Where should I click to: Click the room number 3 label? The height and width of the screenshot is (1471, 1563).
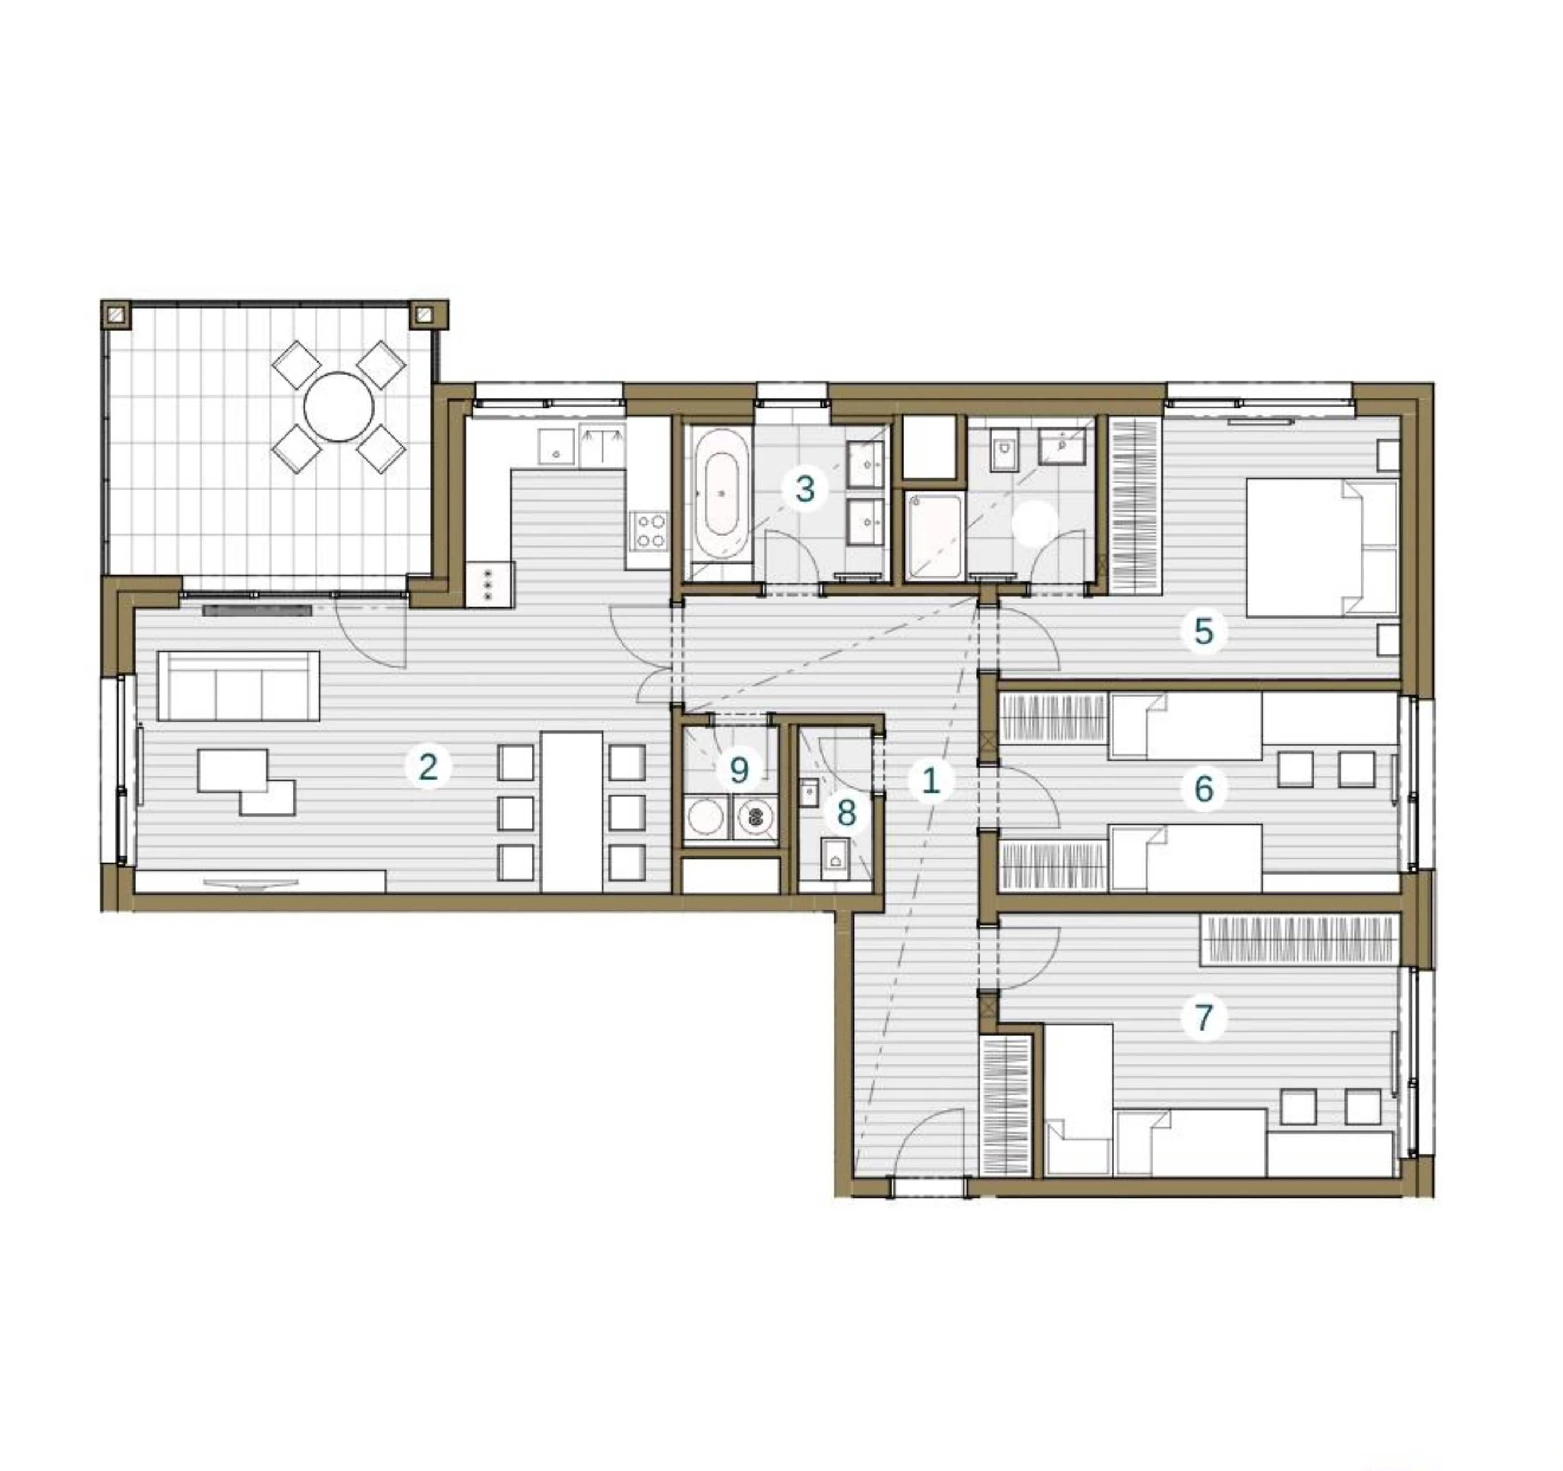pos(804,489)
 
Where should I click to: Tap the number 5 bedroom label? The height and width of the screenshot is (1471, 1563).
pos(1204,631)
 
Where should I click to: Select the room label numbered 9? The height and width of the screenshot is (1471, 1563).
pos(739,770)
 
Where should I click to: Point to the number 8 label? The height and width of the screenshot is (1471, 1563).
pos(846,813)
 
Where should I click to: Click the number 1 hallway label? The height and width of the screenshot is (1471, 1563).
pos(931,781)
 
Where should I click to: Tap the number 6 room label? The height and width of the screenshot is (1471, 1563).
pos(1204,789)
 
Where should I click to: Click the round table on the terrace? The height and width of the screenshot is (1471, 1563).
pos(339,407)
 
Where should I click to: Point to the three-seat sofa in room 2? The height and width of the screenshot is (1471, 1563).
pos(239,686)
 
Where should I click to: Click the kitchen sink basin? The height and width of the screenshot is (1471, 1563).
pos(557,447)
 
